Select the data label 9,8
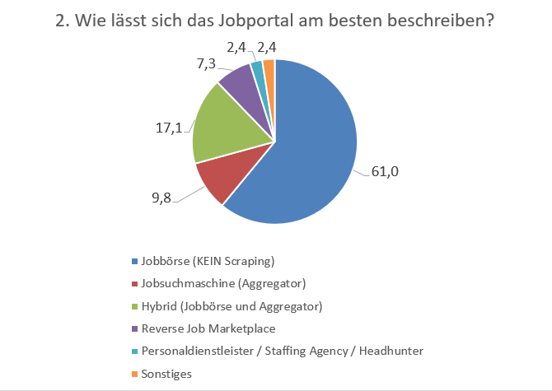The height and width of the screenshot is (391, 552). click(162, 200)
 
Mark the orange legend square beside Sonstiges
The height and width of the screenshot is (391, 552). click(135, 374)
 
